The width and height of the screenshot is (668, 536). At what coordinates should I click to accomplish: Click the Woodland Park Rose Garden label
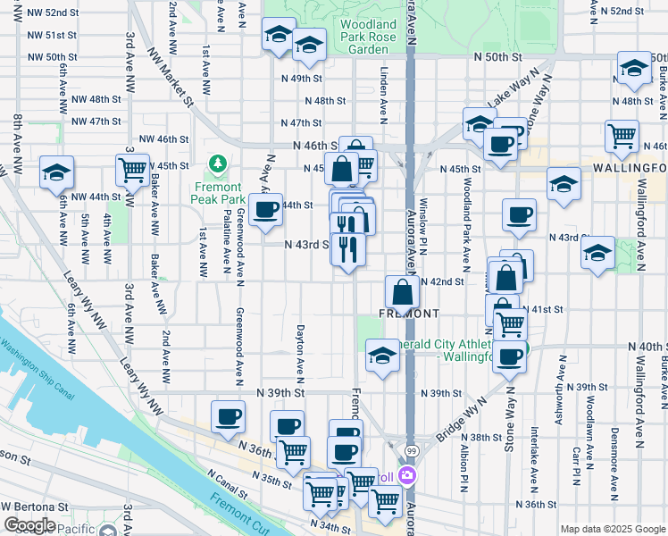(x=369, y=37)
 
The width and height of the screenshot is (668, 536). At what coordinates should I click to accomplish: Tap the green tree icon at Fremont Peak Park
(x=216, y=163)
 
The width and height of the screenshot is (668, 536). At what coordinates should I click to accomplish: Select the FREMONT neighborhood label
(x=409, y=314)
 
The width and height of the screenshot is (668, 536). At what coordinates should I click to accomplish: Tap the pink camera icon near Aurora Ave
(x=407, y=474)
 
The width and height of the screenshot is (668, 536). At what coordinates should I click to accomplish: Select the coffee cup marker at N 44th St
(x=265, y=210)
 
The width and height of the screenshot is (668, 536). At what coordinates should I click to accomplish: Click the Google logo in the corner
(x=29, y=525)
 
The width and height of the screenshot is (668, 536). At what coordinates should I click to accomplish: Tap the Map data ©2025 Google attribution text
(x=612, y=529)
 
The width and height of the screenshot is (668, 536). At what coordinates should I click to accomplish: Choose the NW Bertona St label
(x=36, y=506)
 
